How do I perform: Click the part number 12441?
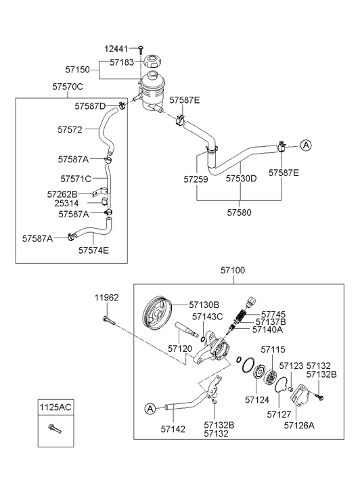point(116,49)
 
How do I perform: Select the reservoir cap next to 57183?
point(153,61)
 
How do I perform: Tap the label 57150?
point(78,70)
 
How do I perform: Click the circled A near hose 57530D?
point(306,146)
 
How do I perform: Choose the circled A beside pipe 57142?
point(150,409)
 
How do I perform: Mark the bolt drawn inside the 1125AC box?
point(55,428)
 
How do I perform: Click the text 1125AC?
point(55,407)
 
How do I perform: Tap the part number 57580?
point(239,213)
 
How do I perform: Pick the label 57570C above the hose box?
point(68,87)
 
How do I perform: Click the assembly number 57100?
point(233,270)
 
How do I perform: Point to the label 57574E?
point(93,250)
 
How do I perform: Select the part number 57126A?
point(299,425)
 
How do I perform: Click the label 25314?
point(66,203)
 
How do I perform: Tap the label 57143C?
point(208,317)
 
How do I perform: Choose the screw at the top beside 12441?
point(141,48)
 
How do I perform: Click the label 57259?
point(196,179)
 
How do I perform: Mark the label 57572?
point(70,129)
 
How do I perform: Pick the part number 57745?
point(273,315)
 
